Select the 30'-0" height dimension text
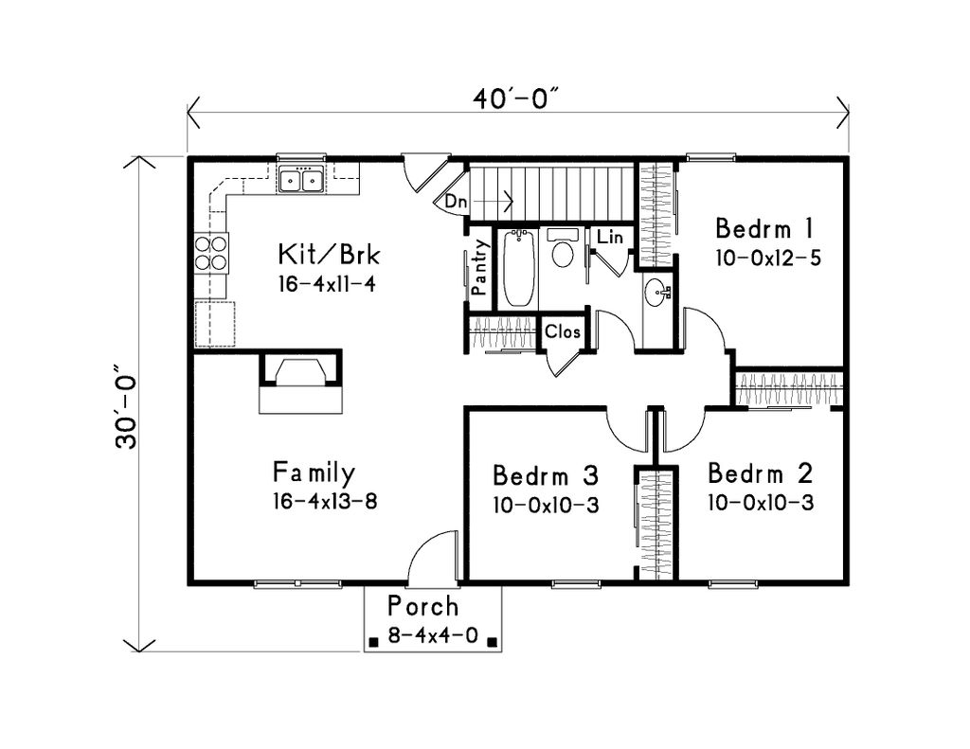pyautogui.click(x=127, y=405)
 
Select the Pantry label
pyautogui.click(x=480, y=268)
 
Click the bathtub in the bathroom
pyautogui.click(x=518, y=268)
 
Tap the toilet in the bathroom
pyautogui.click(x=563, y=251)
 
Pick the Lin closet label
pyautogui.click(x=610, y=238)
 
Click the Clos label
pyautogui.click(x=562, y=332)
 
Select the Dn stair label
pyautogui.click(x=457, y=202)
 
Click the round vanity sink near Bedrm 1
pyautogui.click(x=656, y=292)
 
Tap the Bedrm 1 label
pyautogui.click(x=764, y=229)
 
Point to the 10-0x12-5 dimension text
pyautogui.click(x=767, y=258)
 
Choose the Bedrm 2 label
pyautogui.click(x=760, y=473)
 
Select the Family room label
pyautogui.click(x=314, y=472)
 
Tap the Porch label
pyautogui.click(x=423, y=606)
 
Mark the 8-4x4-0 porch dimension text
pyautogui.click(x=433, y=637)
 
